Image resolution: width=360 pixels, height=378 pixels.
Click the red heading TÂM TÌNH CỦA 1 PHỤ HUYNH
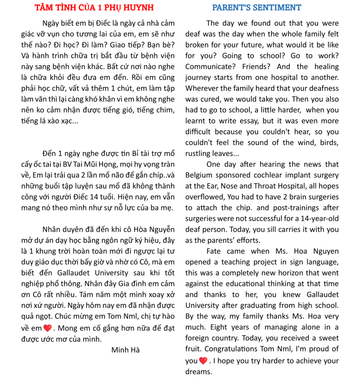94,8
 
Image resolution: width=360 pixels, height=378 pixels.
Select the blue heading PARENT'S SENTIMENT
256,8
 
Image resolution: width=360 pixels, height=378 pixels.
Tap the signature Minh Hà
125,350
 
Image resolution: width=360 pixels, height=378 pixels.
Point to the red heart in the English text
203,360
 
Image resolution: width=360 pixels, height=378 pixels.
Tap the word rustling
198,153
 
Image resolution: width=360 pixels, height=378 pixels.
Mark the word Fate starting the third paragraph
213,251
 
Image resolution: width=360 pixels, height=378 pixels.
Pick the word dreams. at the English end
199,371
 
